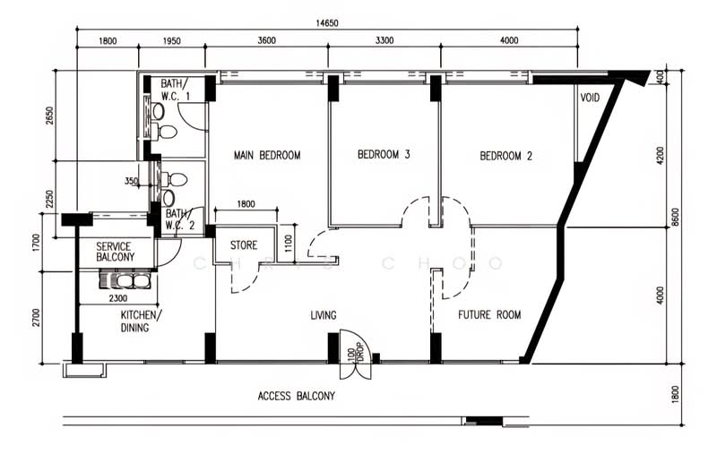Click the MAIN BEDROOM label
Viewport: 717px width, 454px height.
267,155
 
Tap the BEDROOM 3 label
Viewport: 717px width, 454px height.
384,154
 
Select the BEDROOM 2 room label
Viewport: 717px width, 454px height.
505,156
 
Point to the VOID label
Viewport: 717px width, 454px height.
590,98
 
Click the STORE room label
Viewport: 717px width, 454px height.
244,245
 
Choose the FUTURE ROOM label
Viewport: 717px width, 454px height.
489,314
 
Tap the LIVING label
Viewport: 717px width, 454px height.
324,315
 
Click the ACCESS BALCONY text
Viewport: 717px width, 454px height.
297,396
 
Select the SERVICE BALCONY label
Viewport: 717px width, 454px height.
116,252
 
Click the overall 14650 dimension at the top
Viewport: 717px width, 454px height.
327,23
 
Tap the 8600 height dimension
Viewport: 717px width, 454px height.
676,217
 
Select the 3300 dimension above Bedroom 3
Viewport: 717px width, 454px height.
384,40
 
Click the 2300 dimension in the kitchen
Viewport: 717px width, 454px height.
118,298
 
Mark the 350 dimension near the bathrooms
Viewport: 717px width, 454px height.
131,181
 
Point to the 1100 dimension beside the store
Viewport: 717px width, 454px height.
288,244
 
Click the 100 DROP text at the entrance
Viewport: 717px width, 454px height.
355,352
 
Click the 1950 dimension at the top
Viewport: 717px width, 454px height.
171,41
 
